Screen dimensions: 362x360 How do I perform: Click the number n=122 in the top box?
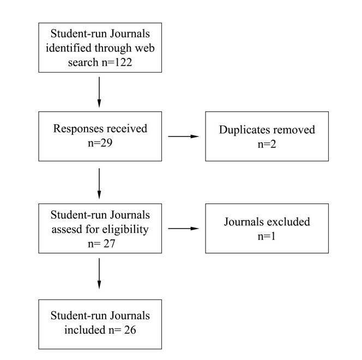pos(117,62)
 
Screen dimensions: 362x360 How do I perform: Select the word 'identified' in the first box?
pos(69,48)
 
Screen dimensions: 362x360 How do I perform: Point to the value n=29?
pos(100,143)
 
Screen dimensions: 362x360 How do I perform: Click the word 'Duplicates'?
pos(243,130)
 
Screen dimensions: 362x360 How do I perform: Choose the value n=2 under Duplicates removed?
pos(267,145)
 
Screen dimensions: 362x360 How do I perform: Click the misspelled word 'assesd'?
pos(67,230)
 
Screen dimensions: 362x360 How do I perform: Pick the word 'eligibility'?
pos(125,230)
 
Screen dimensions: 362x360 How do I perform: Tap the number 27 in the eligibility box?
pos(109,244)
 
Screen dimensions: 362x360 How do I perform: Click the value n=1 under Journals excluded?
pos(267,237)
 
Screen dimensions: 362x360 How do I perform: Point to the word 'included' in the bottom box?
pos(85,330)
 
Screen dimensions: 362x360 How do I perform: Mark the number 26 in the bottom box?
pos(130,330)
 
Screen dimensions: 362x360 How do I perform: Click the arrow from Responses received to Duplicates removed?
pos(183,136)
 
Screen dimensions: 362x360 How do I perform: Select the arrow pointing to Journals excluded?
pos(183,229)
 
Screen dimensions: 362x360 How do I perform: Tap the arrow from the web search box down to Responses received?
pos(99,92)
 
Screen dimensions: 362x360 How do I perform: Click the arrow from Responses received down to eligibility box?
pos(99,183)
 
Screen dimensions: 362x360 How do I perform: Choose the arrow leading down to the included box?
pos(99,273)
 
